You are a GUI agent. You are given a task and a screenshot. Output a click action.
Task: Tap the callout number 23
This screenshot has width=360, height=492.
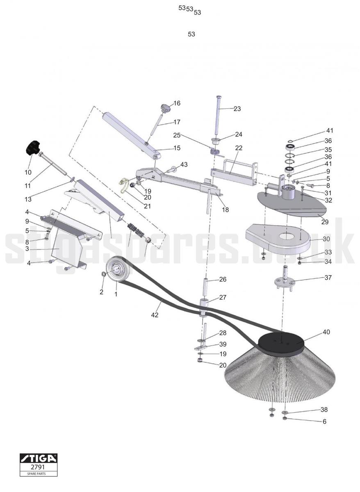[237, 109]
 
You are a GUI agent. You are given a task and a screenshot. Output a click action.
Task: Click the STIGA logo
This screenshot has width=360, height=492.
[39, 458]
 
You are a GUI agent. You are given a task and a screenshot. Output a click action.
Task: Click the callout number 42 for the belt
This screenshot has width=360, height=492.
[155, 315]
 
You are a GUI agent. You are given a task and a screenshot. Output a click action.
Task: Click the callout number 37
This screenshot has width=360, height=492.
[328, 278]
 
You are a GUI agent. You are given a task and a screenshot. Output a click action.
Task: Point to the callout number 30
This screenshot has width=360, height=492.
[326, 239]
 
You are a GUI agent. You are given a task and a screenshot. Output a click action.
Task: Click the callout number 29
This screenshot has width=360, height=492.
[325, 222]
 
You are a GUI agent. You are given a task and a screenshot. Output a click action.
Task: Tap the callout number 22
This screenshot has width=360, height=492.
[239, 148]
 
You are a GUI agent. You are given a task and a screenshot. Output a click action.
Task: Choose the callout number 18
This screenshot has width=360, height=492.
[226, 210]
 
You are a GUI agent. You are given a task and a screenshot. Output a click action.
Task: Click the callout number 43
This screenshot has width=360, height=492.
[184, 164]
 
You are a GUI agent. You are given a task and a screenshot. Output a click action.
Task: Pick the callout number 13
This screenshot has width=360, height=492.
[28, 199]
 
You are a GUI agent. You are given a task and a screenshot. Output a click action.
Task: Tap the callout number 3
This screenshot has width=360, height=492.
[27, 249]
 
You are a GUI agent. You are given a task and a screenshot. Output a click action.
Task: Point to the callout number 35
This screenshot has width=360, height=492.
[328, 150]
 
